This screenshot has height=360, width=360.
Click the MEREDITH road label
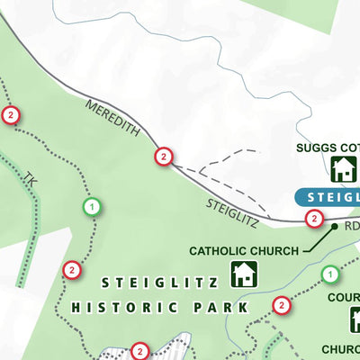coord(113,118)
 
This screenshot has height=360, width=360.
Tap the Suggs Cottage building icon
coord(342,168)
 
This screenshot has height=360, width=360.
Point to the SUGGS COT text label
coord(329,148)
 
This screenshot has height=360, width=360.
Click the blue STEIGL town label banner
coord(328,197)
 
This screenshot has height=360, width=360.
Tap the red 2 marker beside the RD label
coord(314,218)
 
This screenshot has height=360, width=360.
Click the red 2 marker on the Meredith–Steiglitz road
coord(163,157)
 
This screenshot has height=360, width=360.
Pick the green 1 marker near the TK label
coord(91,207)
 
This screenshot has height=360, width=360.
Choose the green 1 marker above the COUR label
coord(329,274)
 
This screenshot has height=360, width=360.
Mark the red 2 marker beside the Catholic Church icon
coord(282,306)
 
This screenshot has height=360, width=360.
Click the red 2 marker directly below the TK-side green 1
coord(71,269)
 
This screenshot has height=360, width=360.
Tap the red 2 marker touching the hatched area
coord(139,350)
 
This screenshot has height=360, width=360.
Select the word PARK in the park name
coord(220,307)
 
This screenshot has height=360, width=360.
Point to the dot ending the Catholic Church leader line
coord(334,227)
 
